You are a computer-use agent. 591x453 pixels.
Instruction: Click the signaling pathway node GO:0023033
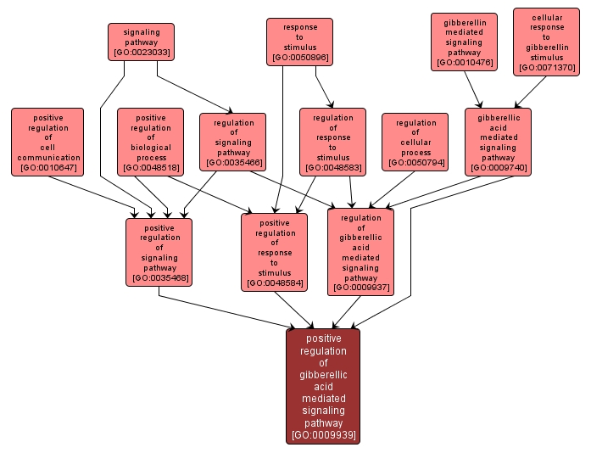(141, 42)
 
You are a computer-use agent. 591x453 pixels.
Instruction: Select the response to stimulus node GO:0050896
(299, 42)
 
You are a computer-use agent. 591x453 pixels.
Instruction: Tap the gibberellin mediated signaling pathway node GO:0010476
(463, 41)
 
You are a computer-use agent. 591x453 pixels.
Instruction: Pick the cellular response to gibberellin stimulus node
(547, 42)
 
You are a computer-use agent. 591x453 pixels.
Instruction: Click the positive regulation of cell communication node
(47, 142)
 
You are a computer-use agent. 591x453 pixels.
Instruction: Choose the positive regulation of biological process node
(150, 142)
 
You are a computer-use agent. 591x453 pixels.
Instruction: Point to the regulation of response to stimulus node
(332, 142)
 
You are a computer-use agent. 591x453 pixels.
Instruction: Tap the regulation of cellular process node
(415, 142)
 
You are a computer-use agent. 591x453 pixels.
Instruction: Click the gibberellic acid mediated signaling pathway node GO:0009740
(498, 142)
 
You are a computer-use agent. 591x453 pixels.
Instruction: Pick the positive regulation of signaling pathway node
(159, 252)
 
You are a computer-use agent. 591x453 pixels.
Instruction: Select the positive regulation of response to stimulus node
(274, 252)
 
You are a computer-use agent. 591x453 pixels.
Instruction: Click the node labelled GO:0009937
(360, 252)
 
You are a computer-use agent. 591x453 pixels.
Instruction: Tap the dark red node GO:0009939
(323, 386)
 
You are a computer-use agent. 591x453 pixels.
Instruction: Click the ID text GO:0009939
(323, 435)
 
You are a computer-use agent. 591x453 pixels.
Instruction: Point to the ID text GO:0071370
(547, 67)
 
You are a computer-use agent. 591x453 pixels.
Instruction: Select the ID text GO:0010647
(47, 168)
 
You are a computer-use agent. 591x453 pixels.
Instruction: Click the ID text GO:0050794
(415, 162)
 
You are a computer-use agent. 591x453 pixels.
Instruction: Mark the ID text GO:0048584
(274, 283)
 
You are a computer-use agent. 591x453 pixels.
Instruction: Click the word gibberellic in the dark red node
(323, 374)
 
